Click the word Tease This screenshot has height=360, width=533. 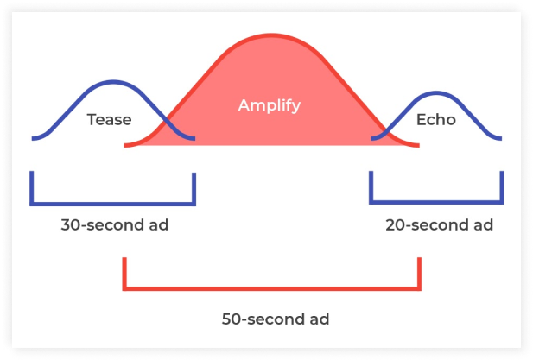[x=109, y=120]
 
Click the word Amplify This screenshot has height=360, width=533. [x=270, y=105]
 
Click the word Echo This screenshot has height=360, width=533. [x=435, y=120]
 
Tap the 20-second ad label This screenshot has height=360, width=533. [x=439, y=225]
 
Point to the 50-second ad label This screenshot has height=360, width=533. [x=274, y=319]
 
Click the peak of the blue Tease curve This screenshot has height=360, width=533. [x=112, y=82]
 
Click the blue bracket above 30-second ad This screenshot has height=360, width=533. [x=113, y=205]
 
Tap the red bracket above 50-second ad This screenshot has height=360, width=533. [x=272, y=287]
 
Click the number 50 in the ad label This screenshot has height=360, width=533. [x=231, y=319]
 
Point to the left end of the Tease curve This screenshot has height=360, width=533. [x=33, y=138]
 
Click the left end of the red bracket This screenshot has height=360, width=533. [x=126, y=272]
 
